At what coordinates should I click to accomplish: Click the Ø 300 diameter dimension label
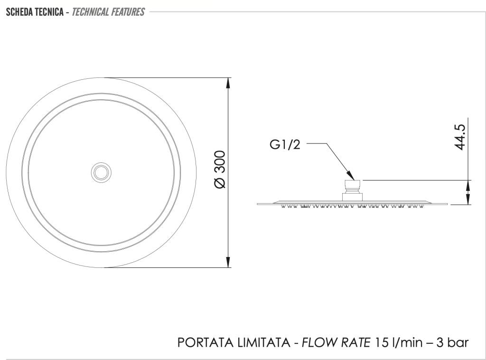[x=220, y=169]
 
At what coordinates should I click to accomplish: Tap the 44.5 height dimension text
[x=460, y=137]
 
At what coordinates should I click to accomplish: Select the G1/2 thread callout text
[x=285, y=144]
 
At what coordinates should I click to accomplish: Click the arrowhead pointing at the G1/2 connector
[x=351, y=176]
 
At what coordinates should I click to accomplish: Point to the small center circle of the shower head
[x=101, y=172]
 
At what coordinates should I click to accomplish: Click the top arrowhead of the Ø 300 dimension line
[x=228, y=83]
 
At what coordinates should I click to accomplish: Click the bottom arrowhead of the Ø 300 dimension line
[x=228, y=262]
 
